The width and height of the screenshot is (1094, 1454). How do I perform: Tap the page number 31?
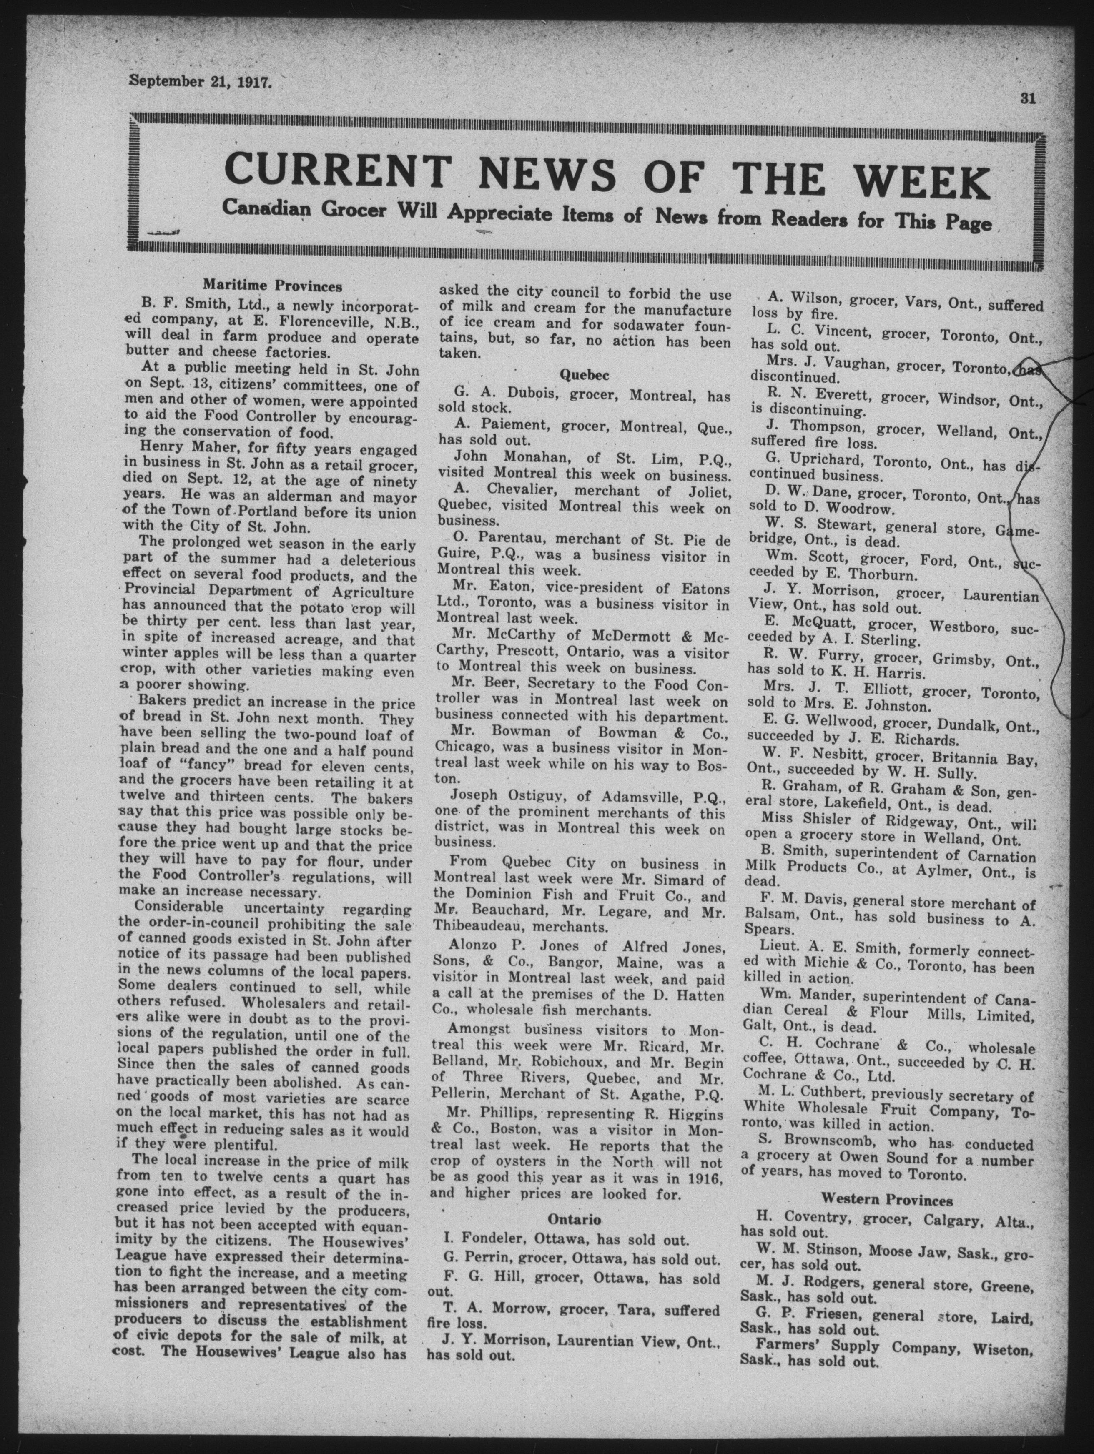point(1028,99)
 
